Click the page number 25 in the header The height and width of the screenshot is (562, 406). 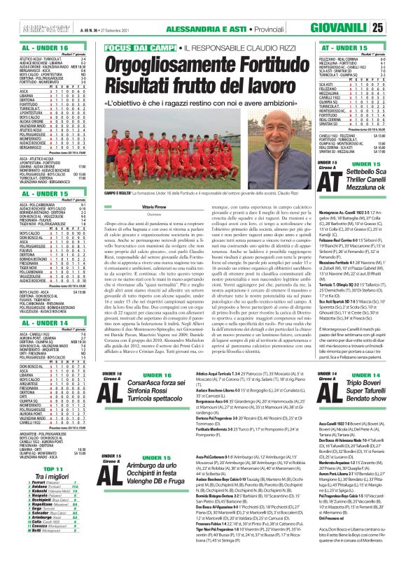(x=397, y=27)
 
